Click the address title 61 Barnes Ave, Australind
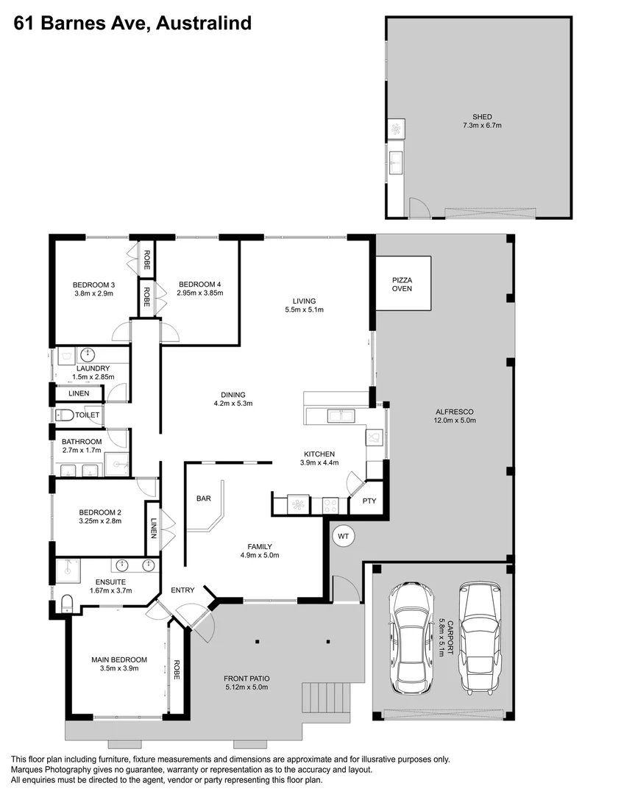(x=133, y=24)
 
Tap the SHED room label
(x=482, y=116)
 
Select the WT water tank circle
(x=343, y=537)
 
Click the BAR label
(x=204, y=498)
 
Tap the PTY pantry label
(x=369, y=501)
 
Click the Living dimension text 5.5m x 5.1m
(x=304, y=310)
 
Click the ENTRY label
(x=182, y=590)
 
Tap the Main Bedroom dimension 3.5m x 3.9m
(x=119, y=668)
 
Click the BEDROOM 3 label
(x=93, y=285)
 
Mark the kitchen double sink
(x=340, y=417)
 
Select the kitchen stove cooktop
(x=330, y=505)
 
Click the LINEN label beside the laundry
(x=79, y=393)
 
